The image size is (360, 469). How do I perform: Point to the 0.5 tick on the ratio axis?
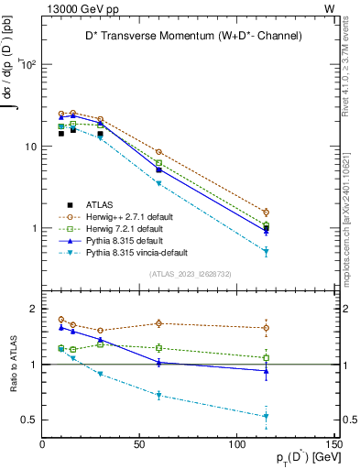pyautogui.click(x=29, y=420)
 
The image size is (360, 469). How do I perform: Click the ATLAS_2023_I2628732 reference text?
pyautogui.click(x=189, y=274)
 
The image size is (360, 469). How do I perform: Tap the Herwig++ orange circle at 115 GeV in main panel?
pyautogui.click(x=267, y=213)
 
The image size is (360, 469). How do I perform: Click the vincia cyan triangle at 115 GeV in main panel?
pyautogui.click(x=267, y=252)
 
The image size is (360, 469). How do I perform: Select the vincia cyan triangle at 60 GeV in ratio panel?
pyautogui.click(x=159, y=395)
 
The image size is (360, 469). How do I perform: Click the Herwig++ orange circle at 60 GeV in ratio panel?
pyautogui.click(x=159, y=323)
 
